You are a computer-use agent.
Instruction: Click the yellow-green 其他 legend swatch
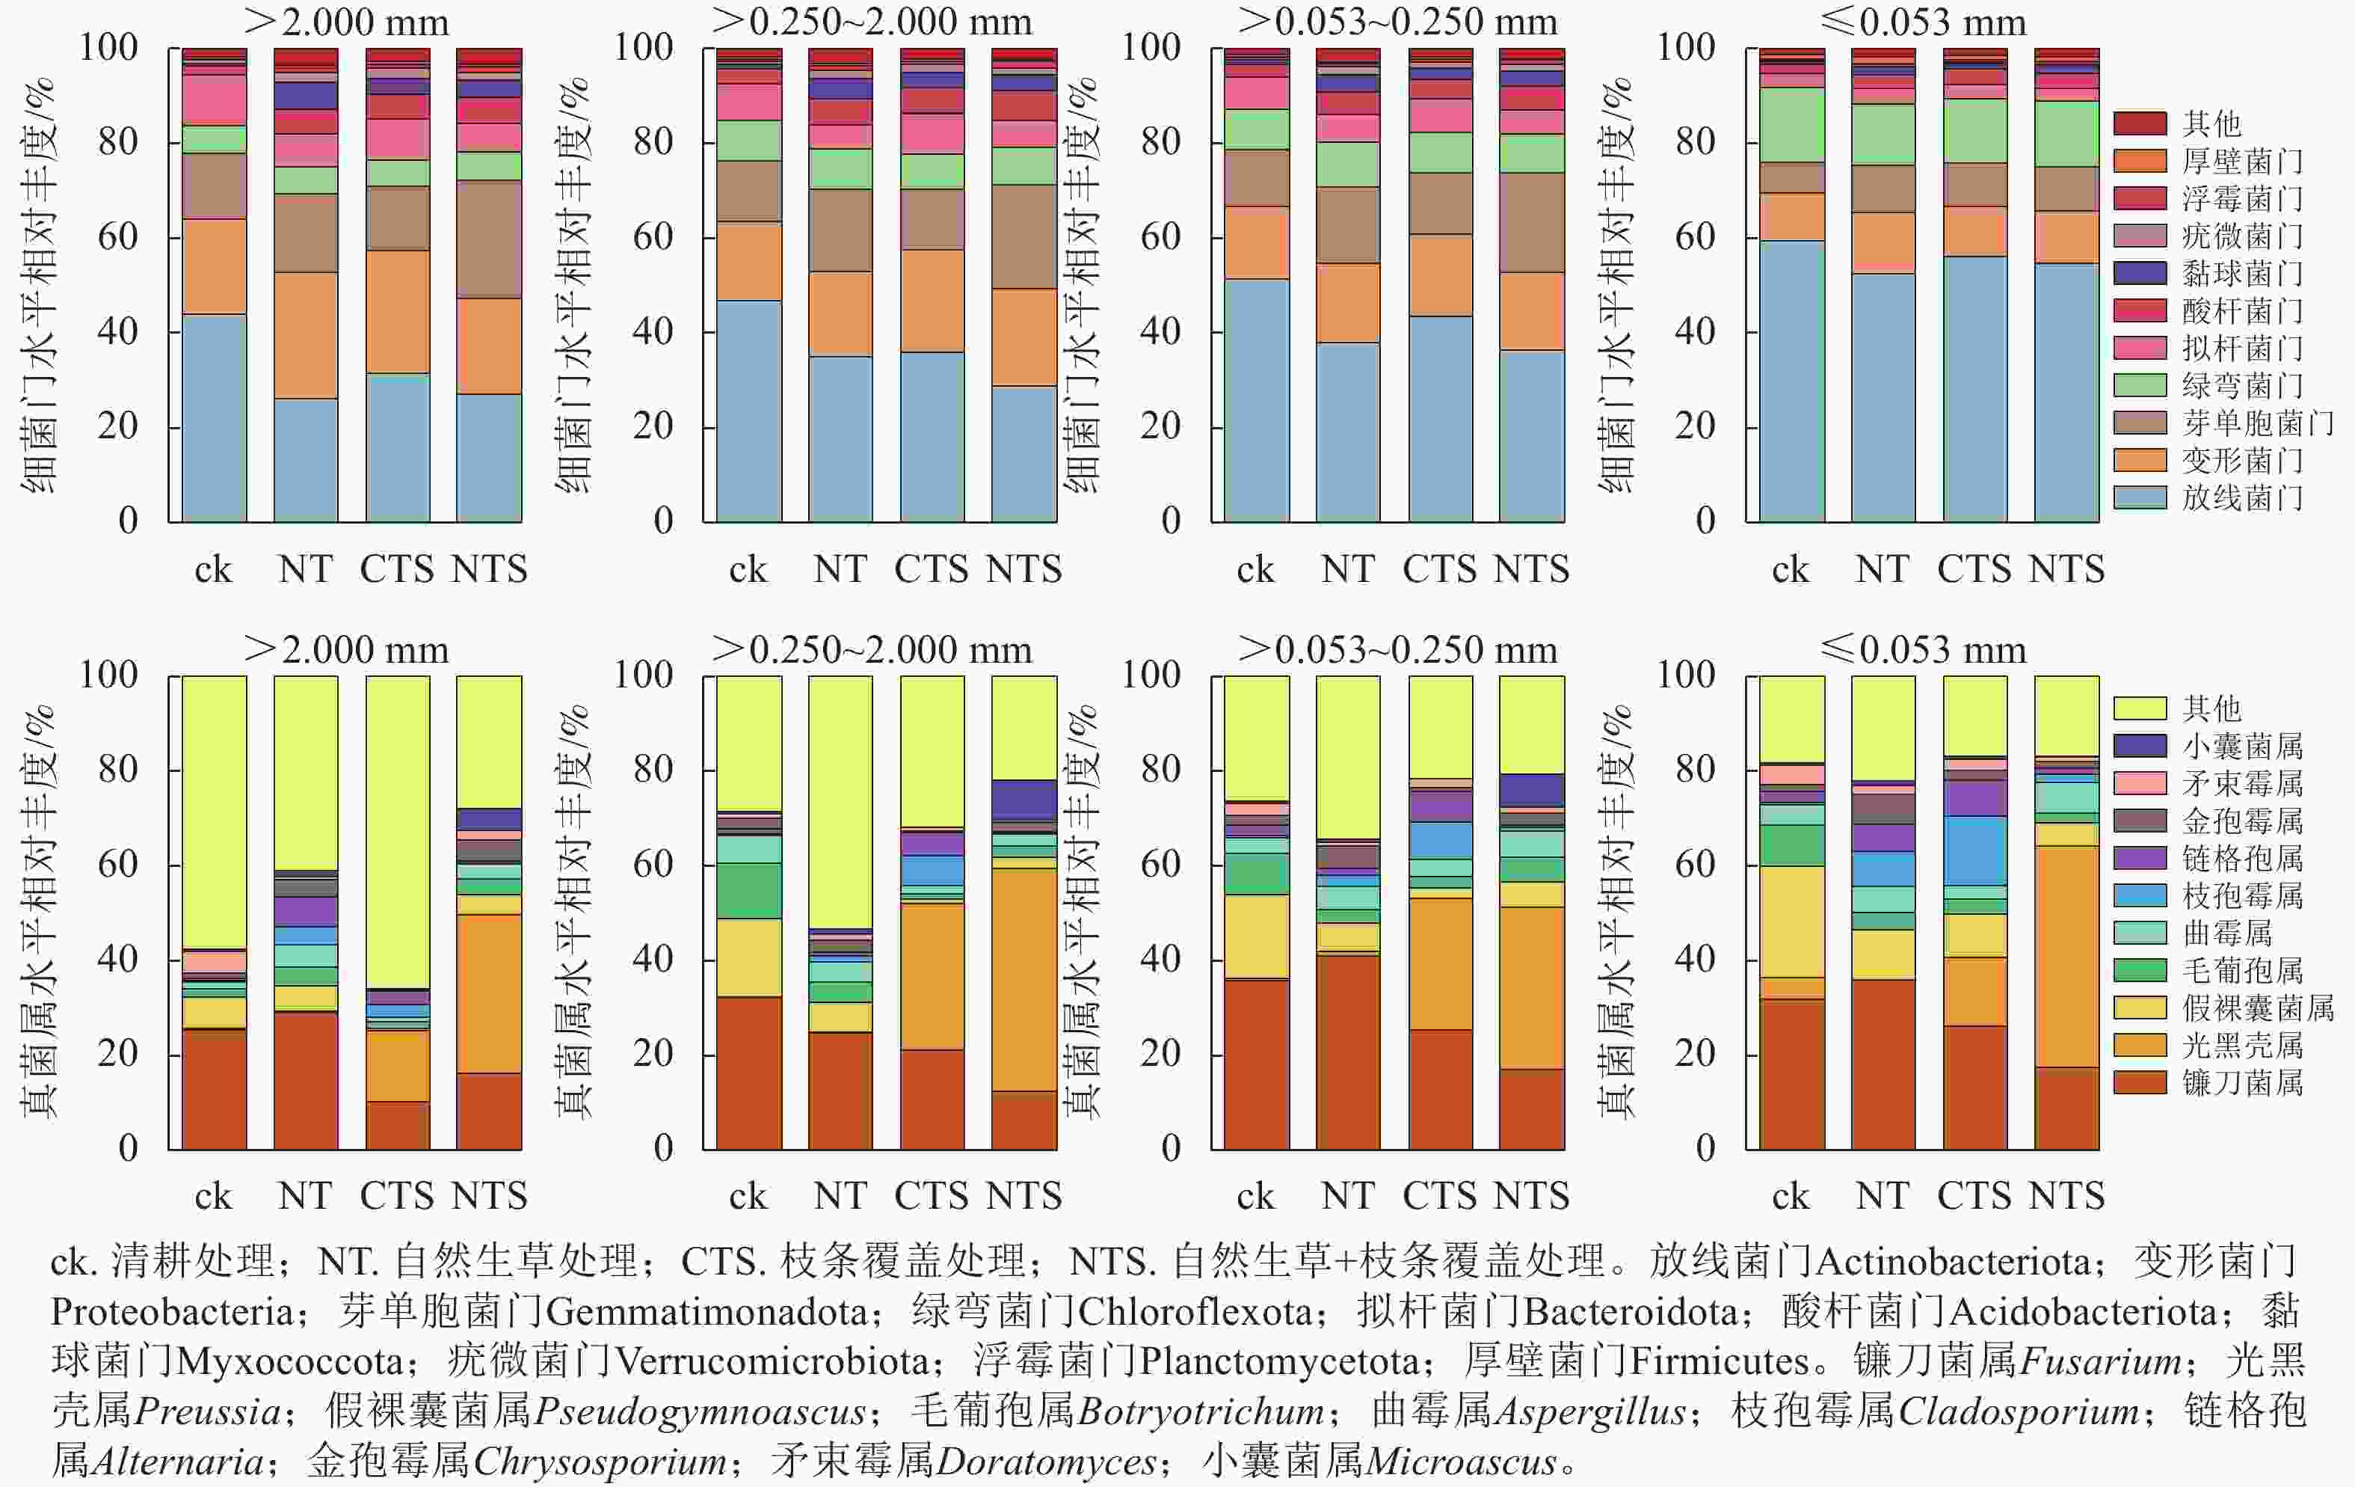click(x=2140, y=708)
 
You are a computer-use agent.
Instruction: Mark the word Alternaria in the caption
click(x=176, y=1462)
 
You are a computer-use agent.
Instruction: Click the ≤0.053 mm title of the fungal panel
click(x=1923, y=649)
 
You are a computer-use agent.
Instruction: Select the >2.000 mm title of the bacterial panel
click(x=346, y=22)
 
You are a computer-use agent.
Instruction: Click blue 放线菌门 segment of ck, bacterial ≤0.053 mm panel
click(x=1792, y=381)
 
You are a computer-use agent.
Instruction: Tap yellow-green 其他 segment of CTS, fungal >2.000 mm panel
click(x=398, y=832)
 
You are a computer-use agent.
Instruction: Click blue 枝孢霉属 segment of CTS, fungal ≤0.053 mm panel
click(x=1974, y=851)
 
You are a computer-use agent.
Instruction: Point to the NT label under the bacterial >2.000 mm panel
click(x=305, y=569)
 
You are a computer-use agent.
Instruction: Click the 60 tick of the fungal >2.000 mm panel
click(x=117, y=865)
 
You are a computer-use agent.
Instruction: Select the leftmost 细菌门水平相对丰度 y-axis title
click(x=39, y=283)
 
